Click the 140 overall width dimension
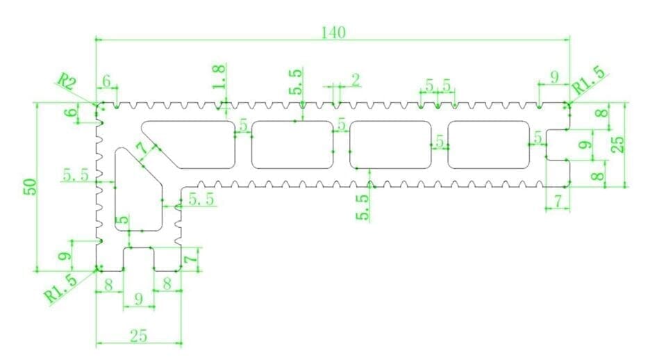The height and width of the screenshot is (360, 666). (333, 32)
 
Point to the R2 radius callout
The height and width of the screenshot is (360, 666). (67, 81)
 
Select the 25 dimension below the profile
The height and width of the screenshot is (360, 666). (138, 335)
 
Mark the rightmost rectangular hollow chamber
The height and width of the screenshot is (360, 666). (490, 145)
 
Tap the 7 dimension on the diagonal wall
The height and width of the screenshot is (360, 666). (142, 149)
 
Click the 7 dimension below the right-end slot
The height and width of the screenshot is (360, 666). (557, 201)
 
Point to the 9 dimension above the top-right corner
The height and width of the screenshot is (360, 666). (553, 78)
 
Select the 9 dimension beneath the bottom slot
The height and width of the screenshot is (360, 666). (138, 300)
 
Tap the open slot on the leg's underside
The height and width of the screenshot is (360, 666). (139, 259)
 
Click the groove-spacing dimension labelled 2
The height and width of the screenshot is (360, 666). (355, 80)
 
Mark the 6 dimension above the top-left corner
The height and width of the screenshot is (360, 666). (106, 81)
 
